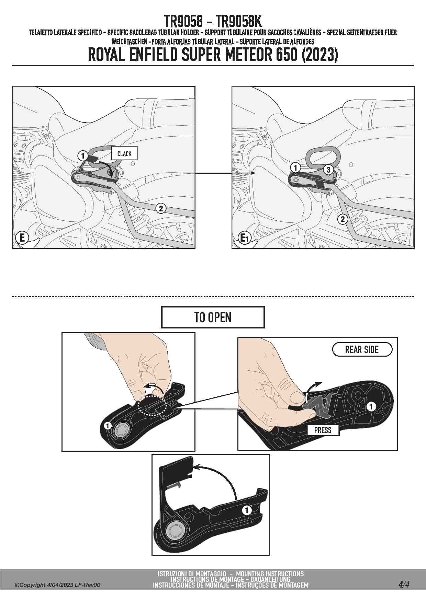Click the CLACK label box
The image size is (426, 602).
pos(124,153)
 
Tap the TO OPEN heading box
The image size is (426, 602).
pos(213,317)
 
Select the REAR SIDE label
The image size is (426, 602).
pos(362,349)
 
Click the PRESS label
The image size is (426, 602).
pos(323,430)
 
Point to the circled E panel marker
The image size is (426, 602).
pos(22,238)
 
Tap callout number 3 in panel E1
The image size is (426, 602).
pos(328,170)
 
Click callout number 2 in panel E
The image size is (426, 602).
pos(161,208)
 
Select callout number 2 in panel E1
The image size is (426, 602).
pos(343,219)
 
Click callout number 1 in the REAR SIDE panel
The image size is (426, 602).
pos(371,407)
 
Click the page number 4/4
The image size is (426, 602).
pos(404,584)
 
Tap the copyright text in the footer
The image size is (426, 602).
pos(58,585)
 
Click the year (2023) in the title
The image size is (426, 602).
pos(320,55)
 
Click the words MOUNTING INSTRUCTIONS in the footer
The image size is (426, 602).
pos(270,574)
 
